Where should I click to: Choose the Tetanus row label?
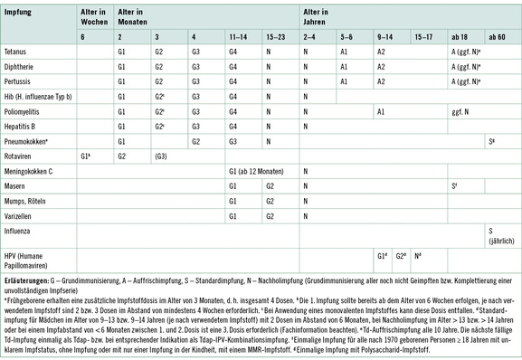(16, 52)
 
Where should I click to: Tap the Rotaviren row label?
(19, 156)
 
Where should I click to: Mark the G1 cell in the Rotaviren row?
(85, 156)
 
